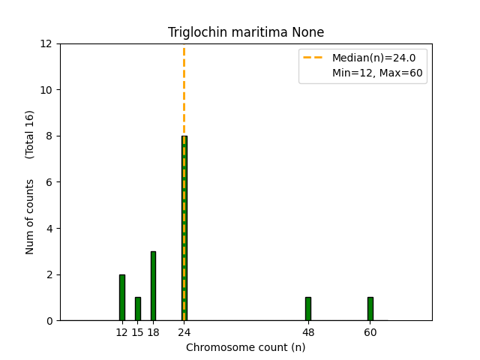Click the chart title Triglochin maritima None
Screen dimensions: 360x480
click(x=246, y=32)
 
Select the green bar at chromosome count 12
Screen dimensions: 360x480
click(x=122, y=298)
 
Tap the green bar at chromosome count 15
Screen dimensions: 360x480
click(x=138, y=309)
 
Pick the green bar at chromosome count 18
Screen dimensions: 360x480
click(x=153, y=286)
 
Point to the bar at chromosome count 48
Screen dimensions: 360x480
click(x=308, y=309)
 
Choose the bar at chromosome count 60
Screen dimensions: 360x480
click(x=370, y=309)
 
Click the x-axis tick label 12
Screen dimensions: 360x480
click(x=122, y=332)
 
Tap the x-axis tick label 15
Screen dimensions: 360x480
click(x=138, y=332)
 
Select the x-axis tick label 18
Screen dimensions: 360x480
click(x=153, y=332)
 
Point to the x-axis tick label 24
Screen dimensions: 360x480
click(x=184, y=332)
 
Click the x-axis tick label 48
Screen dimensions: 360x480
click(x=308, y=332)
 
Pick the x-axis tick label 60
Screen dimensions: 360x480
click(x=370, y=332)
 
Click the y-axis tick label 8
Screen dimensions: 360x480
click(x=49, y=136)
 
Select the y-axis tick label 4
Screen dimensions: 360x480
click(x=49, y=229)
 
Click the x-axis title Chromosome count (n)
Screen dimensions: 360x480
click(x=246, y=347)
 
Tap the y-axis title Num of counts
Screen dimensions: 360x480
click(x=30, y=216)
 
